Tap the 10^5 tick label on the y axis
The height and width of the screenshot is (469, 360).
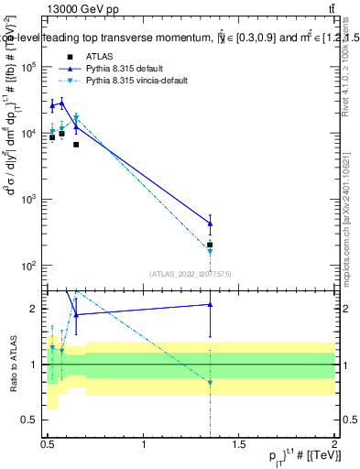[x=29, y=67]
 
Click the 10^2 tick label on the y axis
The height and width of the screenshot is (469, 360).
[x=29, y=266]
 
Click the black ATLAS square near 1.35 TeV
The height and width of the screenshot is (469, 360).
[x=210, y=245]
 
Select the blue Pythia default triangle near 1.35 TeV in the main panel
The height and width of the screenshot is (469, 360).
[x=210, y=224]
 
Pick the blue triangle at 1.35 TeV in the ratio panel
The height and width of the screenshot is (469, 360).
[x=210, y=304]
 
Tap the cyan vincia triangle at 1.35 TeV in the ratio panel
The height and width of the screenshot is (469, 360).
[x=210, y=384]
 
